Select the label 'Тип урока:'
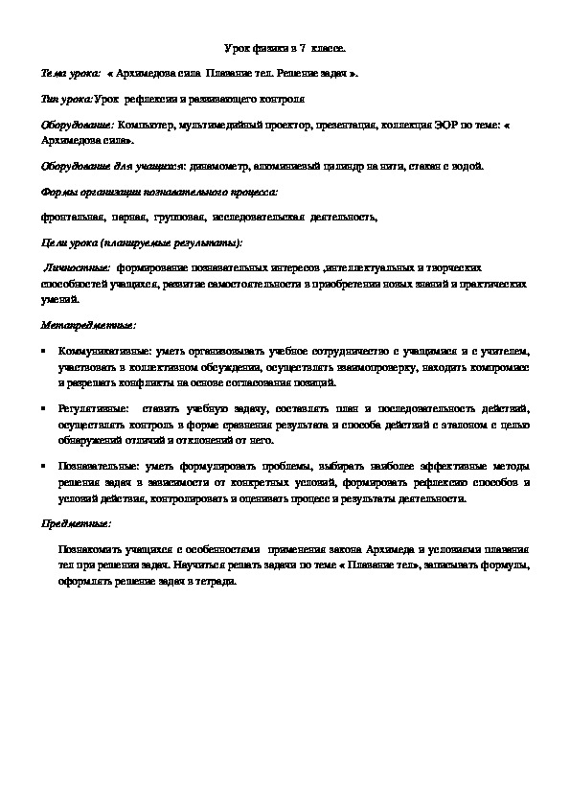[66, 98]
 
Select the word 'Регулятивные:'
[91, 408]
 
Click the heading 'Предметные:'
[77, 525]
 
